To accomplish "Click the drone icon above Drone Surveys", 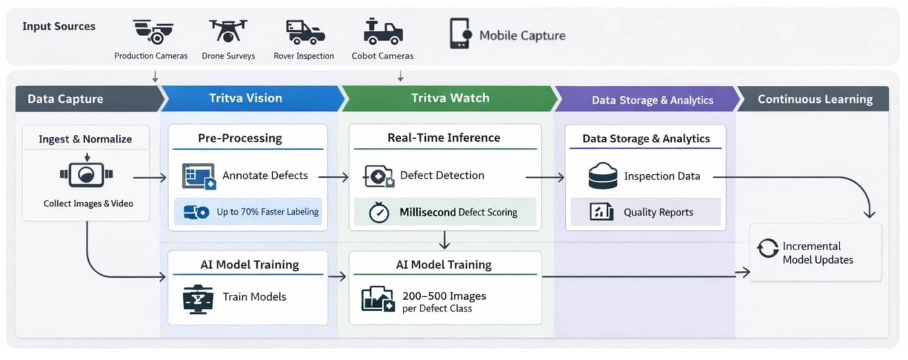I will [x=228, y=31].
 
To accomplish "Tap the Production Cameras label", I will [x=151, y=56].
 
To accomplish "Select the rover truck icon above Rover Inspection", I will [x=305, y=32].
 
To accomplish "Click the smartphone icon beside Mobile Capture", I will [x=459, y=33].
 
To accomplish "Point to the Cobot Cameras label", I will [x=382, y=56].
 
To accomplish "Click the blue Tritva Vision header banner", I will [x=246, y=98].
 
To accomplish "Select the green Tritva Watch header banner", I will [x=450, y=98].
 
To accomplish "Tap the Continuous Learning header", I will [x=814, y=99].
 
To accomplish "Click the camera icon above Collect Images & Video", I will [x=86, y=175].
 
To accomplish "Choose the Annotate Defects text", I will [x=265, y=176].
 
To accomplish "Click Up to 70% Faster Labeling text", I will [x=267, y=212].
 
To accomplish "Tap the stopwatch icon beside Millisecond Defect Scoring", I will [x=379, y=213].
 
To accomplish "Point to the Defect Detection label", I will [x=442, y=176].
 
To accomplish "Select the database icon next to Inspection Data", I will [x=602, y=176].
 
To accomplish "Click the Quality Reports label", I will [x=658, y=213].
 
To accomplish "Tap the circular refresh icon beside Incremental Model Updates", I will [x=767, y=249].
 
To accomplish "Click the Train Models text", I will [x=254, y=297].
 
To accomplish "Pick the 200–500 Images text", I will [x=444, y=296].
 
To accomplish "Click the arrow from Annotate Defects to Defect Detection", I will [x=334, y=178].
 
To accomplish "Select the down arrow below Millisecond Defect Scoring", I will [x=445, y=240].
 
